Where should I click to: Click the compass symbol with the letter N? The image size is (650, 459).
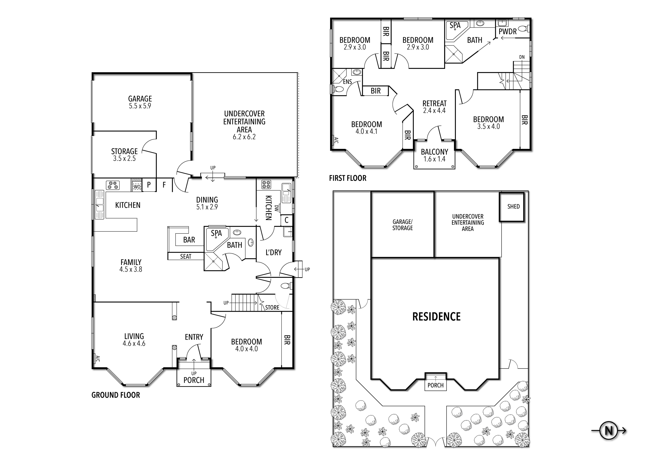[609, 431]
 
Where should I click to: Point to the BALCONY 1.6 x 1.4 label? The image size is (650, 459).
[434, 155]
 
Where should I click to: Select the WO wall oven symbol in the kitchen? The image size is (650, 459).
[137, 187]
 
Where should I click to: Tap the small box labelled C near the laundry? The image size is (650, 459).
[287, 220]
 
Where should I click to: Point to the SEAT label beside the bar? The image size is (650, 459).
[186, 256]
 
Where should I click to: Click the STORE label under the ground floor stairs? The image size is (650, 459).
[272, 307]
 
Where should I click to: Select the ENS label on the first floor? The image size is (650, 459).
[347, 82]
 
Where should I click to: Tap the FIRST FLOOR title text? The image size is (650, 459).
[348, 178]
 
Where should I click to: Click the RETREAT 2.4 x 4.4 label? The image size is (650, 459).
[434, 107]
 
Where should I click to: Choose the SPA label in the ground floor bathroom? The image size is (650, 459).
[216, 233]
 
